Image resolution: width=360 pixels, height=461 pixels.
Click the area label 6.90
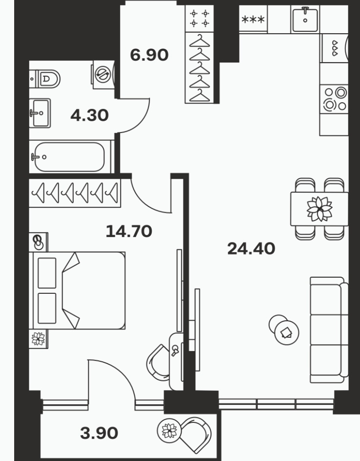149,55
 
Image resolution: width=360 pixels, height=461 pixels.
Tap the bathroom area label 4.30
89,115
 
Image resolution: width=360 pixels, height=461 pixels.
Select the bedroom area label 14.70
129,231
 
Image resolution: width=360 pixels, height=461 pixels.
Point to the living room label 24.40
251,248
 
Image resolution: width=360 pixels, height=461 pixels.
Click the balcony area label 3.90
99,433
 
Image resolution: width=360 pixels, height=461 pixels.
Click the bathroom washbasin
40,113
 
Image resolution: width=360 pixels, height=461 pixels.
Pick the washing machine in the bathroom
104,75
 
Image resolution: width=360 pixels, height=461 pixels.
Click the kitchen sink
305,19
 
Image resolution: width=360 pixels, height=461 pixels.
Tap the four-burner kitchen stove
334,99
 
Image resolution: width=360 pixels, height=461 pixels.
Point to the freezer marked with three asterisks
253,20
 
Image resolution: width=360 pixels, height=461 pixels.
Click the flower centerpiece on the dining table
319,209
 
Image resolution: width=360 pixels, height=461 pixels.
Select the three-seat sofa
329,330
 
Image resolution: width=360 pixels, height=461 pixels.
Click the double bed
77,290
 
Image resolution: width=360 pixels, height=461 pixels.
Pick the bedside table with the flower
38,339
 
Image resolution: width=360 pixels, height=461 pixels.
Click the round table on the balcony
169,431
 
